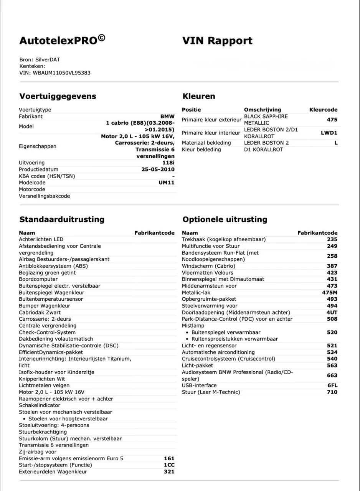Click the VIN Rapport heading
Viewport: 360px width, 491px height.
click(217, 41)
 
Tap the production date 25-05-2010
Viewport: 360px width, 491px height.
click(158, 169)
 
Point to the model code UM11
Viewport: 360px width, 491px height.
click(166, 183)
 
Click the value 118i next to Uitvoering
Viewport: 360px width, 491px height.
click(168, 163)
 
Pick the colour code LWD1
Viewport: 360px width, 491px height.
click(329, 133)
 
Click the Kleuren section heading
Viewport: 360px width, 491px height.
click(198, 96)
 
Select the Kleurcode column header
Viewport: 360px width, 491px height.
click(323, 110)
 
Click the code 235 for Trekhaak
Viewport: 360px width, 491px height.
click(332, 239)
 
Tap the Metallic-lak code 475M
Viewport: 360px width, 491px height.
click(329, 292)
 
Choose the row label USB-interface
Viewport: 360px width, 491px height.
click(199, 385)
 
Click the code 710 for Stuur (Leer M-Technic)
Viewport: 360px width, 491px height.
click(332, 392)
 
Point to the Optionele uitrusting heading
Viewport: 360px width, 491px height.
click(225, 219)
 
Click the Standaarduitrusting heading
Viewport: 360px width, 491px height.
click(62, 219)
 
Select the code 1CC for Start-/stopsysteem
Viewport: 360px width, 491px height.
click(169, 465)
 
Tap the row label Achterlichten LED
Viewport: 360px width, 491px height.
click(41, 239)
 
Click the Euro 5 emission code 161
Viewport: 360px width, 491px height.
click(169, 458)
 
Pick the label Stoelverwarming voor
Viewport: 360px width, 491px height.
click(210, 306)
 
